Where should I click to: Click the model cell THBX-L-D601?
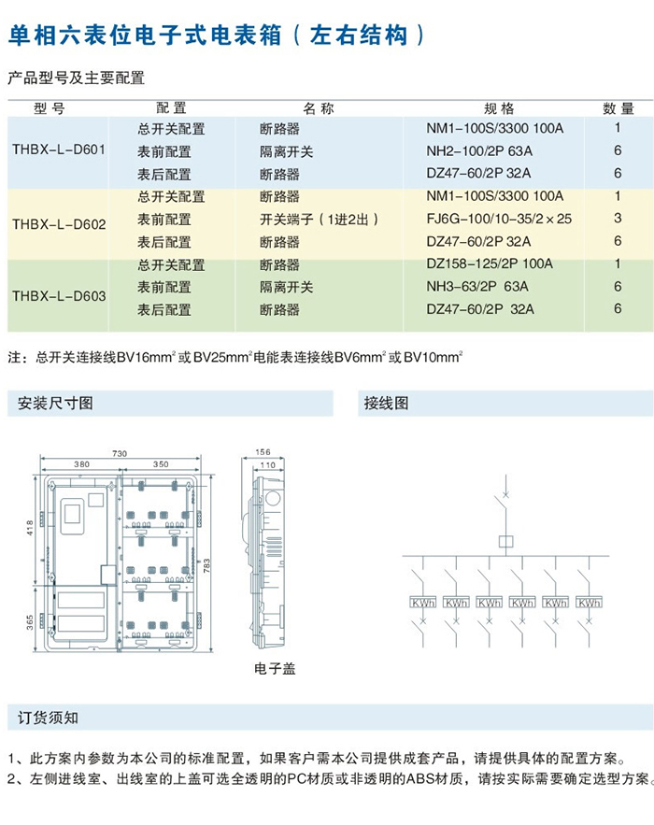[59, 150]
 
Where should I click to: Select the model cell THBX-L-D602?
[59, 224]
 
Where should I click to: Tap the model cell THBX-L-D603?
[59, 297]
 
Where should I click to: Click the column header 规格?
[499, 108]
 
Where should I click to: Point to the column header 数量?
[618, 108]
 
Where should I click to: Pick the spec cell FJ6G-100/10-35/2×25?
[498, 219]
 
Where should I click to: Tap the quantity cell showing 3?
[618, 219]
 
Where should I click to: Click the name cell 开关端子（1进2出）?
[319, 219]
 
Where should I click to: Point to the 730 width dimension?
[120, 453]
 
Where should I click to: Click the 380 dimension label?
[81, 463]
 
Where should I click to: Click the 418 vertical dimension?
[29, 529]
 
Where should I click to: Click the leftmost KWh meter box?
[422, 603]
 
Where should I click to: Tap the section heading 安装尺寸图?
[55, 404]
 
